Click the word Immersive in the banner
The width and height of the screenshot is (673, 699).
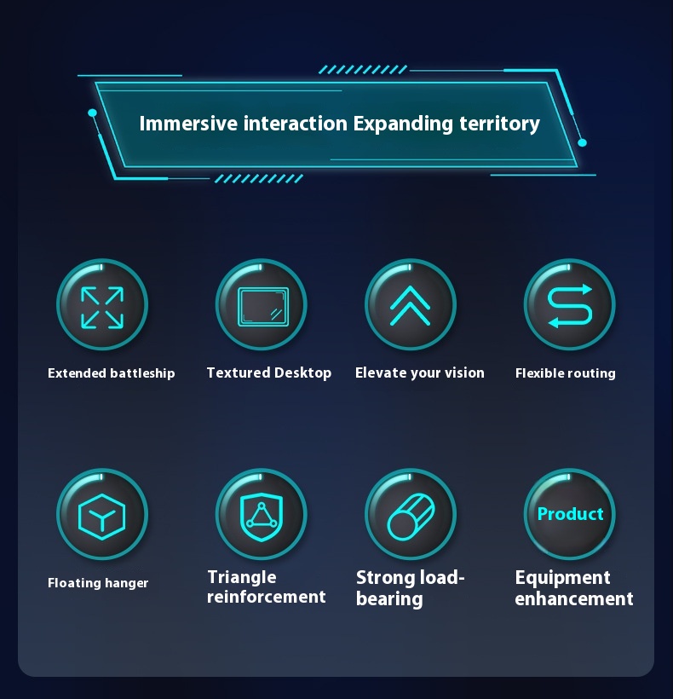click(188, 124)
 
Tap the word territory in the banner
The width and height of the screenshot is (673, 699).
click(499, 124)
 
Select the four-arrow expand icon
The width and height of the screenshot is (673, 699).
click(102, 308)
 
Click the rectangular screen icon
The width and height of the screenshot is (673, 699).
click(262, 307)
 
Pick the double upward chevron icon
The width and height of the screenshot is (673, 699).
click(411, 306)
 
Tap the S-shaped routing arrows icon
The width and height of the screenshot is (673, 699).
click(570, 306)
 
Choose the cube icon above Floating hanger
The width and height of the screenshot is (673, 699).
click(102, 517)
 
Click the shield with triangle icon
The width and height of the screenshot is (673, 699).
click(262, 517)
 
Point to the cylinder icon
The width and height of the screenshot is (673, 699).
click(411, 517)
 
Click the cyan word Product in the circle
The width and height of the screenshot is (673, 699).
click(570, 514)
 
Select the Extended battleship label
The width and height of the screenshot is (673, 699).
click(112, 373)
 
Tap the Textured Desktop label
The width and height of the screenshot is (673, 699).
click(269, 373)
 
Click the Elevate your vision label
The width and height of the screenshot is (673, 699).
click(420, 373)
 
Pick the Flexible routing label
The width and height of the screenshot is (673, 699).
click(565, 373)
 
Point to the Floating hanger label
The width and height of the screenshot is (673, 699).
click(98, 583)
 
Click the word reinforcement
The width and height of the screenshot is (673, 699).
click(267, 597)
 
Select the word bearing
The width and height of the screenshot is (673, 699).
click(389, 598)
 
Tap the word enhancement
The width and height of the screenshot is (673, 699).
click(574, 598)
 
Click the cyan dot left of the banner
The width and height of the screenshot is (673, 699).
click(92, 113)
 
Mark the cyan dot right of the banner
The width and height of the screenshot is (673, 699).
click(582, 142)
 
